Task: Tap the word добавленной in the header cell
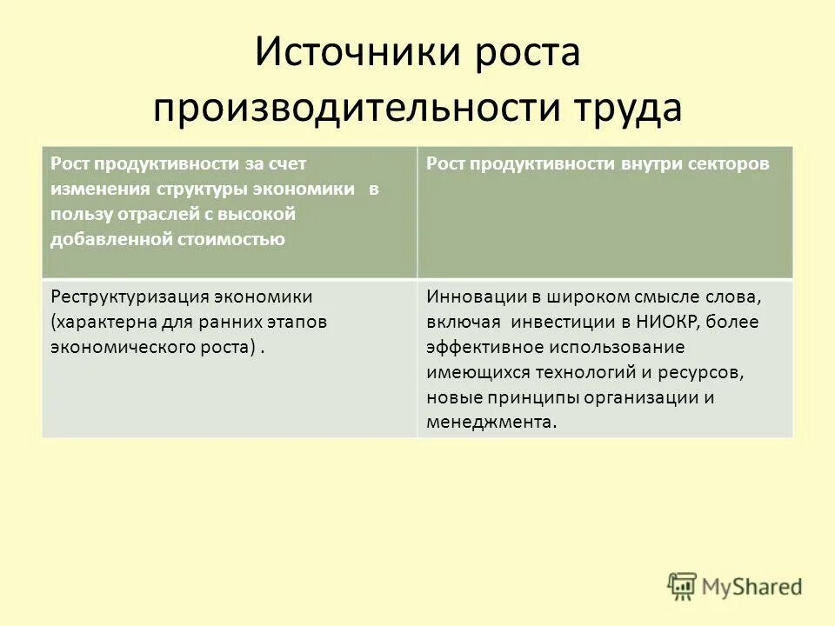click(104, 239)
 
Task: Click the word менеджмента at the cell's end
click(490, 423)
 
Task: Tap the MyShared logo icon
click(683, 587)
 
